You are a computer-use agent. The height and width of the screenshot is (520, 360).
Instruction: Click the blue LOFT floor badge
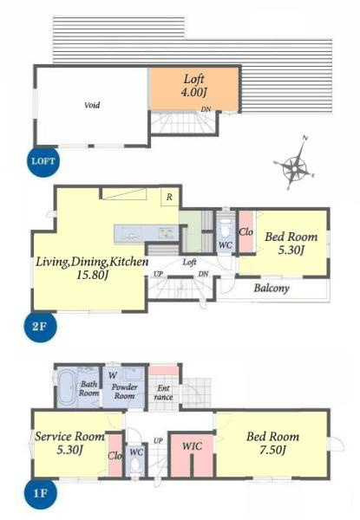point(43,161)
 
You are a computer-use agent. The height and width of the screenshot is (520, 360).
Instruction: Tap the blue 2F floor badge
point(40,327)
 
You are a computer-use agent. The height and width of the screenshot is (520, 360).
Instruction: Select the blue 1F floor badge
point(40,493)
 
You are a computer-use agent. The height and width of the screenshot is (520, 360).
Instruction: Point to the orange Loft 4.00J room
point(194,88)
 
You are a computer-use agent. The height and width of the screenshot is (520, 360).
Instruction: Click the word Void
point(92,106)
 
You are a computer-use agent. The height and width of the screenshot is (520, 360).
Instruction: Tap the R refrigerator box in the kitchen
point(169,197)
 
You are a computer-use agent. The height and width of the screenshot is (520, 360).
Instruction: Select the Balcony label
point(272,288)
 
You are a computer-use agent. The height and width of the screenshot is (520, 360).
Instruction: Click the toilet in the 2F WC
point(226,227)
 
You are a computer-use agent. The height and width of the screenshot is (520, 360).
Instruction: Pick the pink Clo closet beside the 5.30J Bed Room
point(245,232)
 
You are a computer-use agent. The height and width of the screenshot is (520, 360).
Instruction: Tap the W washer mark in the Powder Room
point(113,376)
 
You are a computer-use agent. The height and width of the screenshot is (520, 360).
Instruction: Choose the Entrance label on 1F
point(164,393)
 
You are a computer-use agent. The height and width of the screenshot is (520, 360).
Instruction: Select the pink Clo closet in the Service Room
point(115,455)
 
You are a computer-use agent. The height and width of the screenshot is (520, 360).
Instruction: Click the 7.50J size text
point(272,450)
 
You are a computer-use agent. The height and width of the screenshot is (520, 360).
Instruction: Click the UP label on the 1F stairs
point(158,441)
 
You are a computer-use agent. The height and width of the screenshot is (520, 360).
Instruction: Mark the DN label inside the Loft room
point(206,109)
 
